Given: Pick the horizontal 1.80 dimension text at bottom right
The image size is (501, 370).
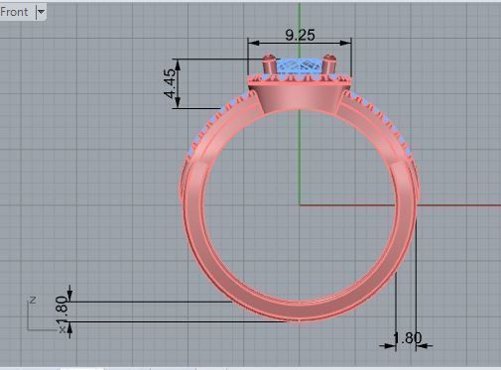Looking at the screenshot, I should (407, 338).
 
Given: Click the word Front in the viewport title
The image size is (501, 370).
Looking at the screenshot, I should (15, 12).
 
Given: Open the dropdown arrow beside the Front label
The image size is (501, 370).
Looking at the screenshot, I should (41, 12).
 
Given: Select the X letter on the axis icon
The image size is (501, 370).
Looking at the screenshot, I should (62, 329).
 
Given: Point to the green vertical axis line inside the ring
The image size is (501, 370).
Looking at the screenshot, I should (299, 159).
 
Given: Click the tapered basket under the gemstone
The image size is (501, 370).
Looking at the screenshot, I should (299, 97).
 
